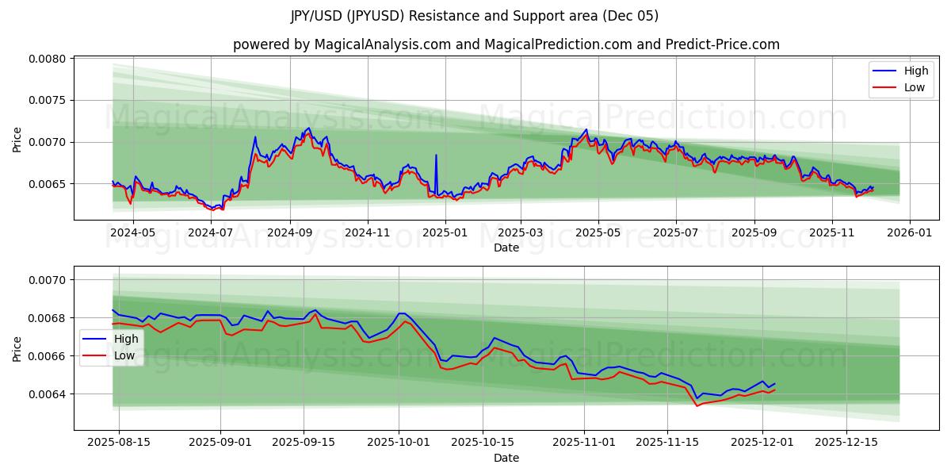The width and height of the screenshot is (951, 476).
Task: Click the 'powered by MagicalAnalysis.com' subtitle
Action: point(506,44)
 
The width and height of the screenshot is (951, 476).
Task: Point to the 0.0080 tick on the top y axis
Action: point(49,59)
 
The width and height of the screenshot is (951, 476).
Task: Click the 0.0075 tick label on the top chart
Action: point(49,101)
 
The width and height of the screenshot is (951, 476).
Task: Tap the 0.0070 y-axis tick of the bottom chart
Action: point(49,280)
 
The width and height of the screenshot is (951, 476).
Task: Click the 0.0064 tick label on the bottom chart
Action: point(49,394)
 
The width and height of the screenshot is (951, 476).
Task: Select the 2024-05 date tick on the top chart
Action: point(132,233)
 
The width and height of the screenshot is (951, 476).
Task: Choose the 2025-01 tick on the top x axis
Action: point(445,233)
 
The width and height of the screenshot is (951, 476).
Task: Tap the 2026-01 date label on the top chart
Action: point(909,233)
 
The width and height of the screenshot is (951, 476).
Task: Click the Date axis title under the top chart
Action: point(506,248)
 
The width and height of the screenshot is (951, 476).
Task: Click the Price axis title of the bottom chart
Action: point(17,348)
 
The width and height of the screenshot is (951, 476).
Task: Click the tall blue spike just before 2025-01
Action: point(436,155)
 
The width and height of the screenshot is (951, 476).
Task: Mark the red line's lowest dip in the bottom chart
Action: point(697,406)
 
